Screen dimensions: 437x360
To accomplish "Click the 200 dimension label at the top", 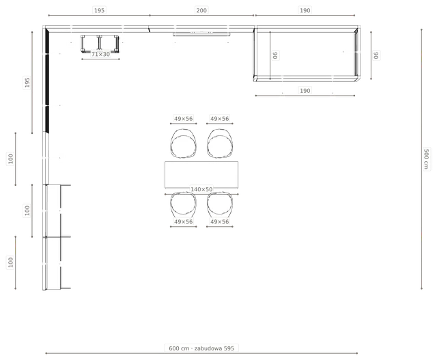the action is pyautogui.click(x=201, y=11).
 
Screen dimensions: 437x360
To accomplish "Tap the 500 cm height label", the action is pyautogui.click(x=426, y=158).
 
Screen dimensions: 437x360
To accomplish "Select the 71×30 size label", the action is pyautogui.click(x=100, y=54).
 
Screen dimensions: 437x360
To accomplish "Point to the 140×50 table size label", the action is pyautogui.click(x=201, y=189).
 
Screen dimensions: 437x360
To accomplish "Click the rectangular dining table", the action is pyautogui.click(x=201, y=174).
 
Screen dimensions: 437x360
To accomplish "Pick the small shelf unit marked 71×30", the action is pyautogui.click(x=100, y=44).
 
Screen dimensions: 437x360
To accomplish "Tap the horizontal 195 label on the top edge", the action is pyautogui.click(x=99, y=11).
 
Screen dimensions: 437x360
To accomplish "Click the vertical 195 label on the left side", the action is pyautogui.click(x=27, y=82).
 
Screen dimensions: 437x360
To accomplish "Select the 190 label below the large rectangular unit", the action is pyautogui.click(x=305, y=91).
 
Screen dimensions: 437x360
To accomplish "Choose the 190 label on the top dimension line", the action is pyautogui.click(x=305, y=11).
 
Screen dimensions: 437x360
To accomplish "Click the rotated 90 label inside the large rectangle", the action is pyautogui.click(x=275, y=55).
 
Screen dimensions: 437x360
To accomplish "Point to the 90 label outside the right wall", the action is pyautogui.click(x=376, y=55).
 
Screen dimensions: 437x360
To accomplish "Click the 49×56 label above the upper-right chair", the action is pyautogui.click(x=220, y=119).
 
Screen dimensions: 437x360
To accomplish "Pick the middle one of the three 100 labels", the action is pyautogui.click(x=27, y=210).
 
